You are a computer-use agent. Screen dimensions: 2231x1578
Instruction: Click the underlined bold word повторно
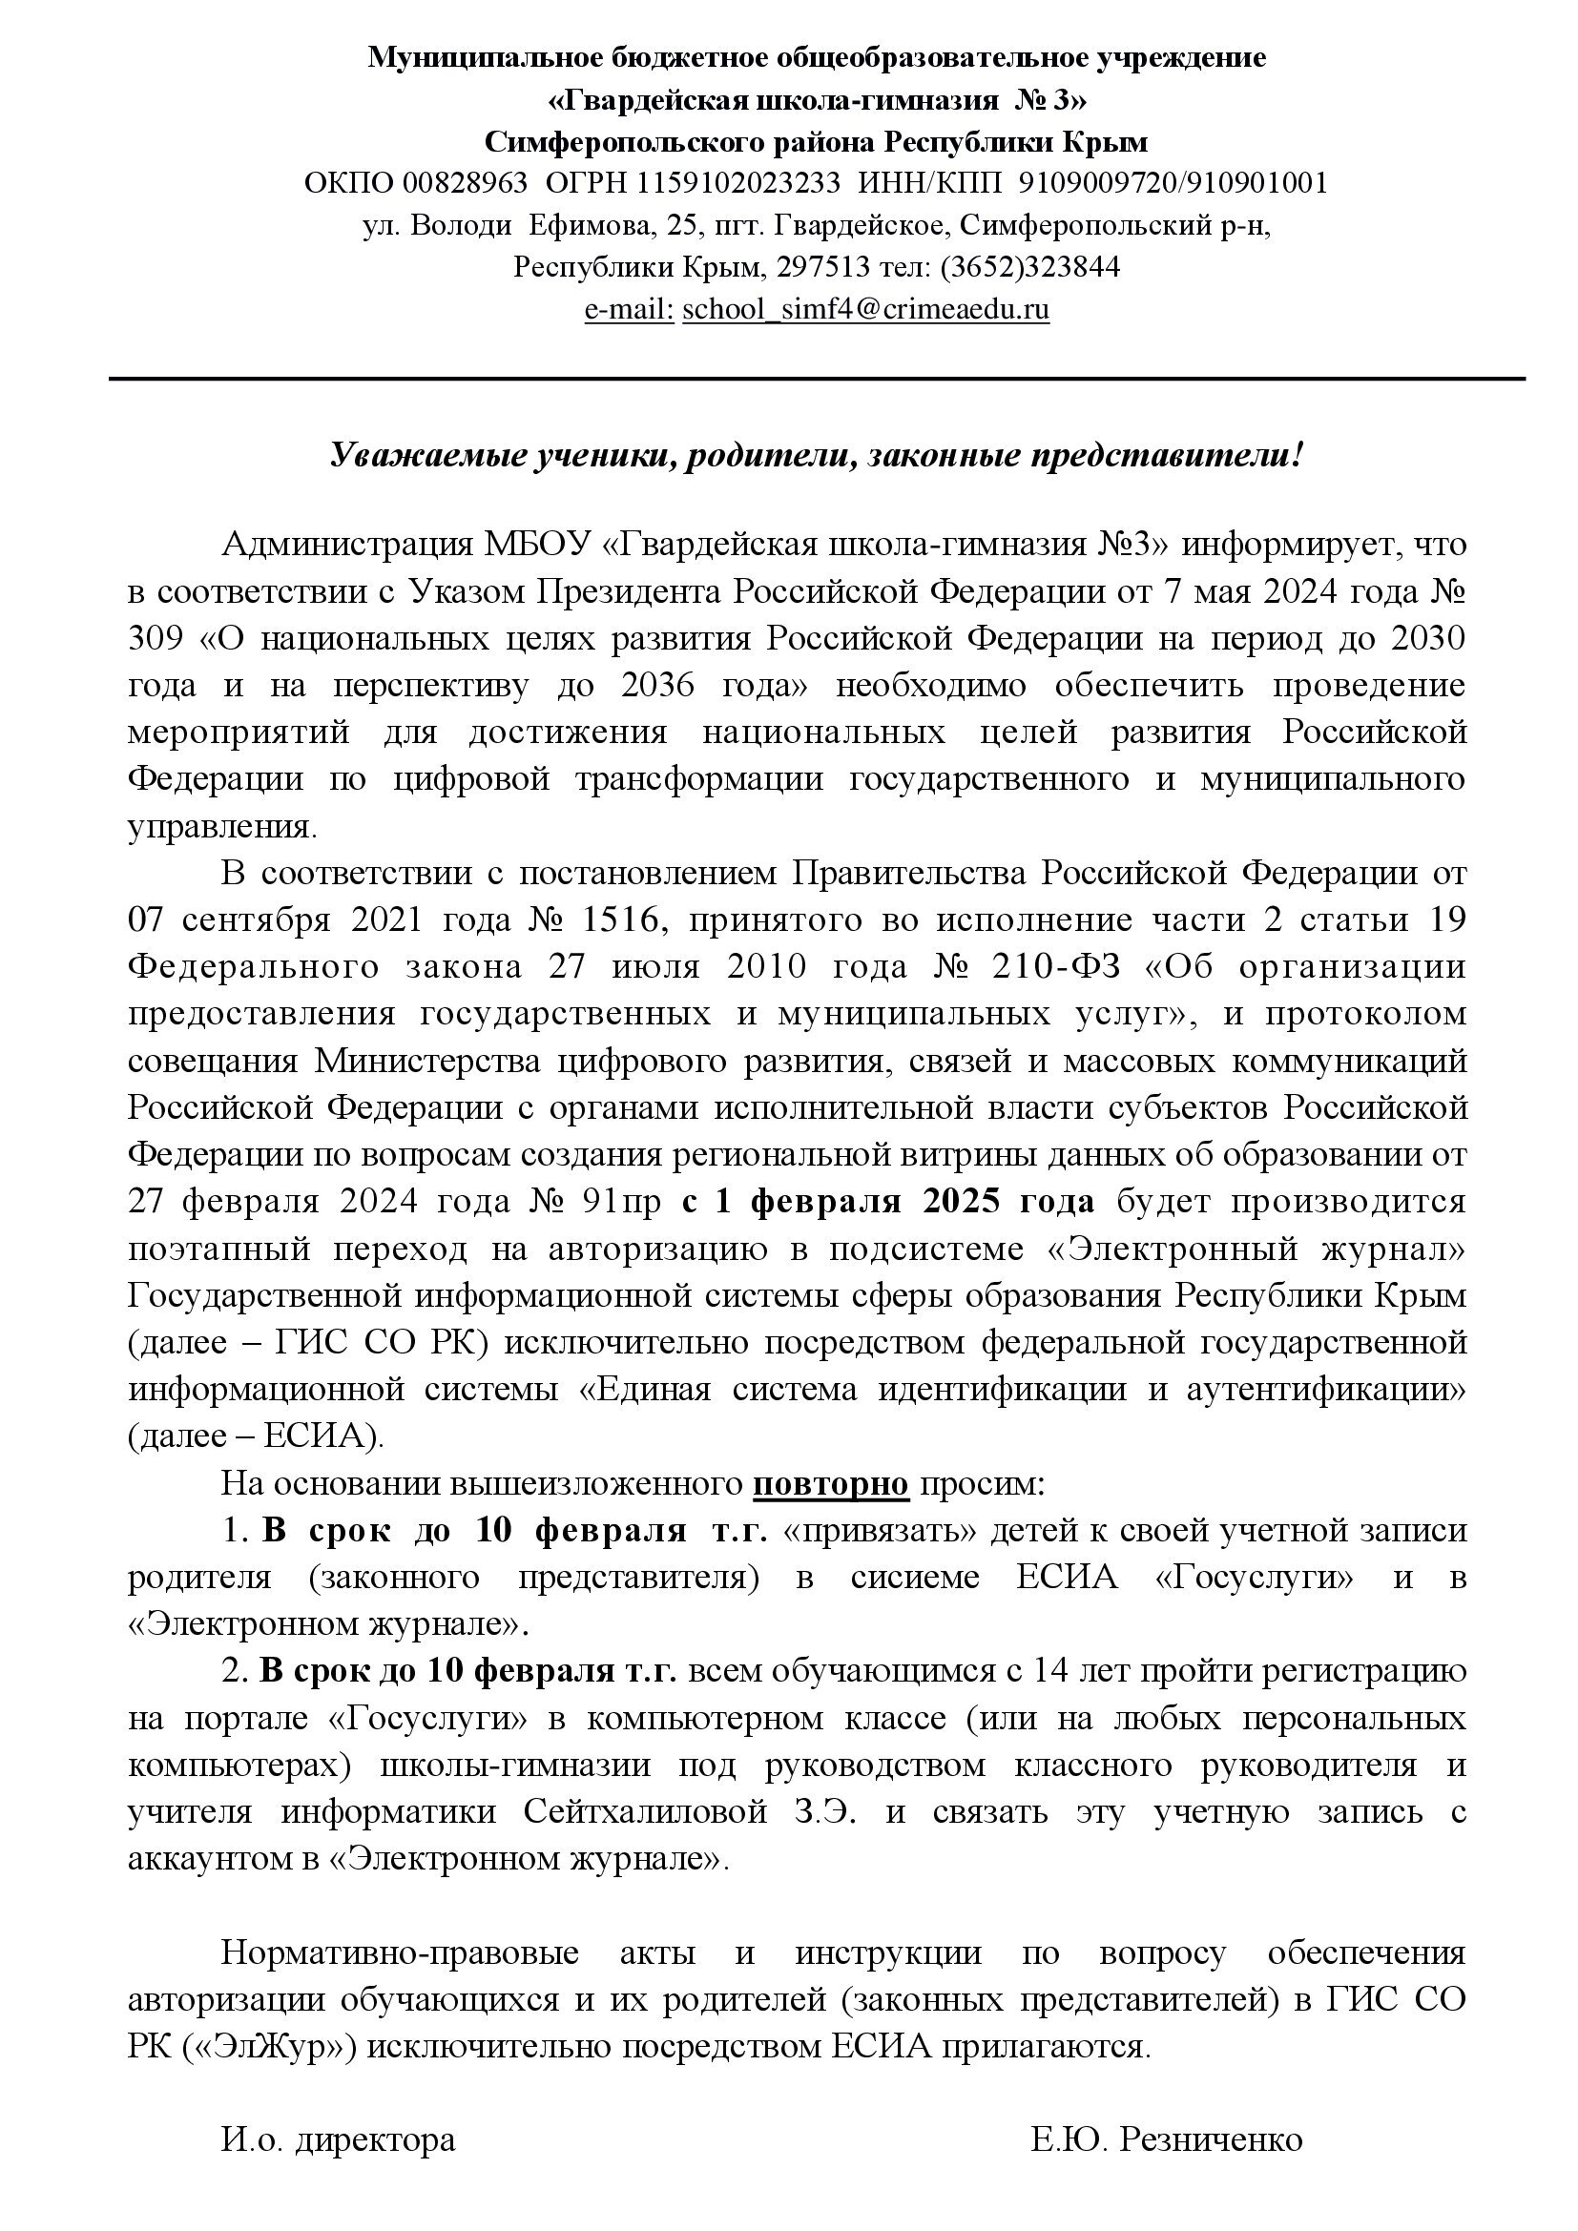(832, 1484)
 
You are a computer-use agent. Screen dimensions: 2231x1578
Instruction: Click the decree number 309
(156, 638)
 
